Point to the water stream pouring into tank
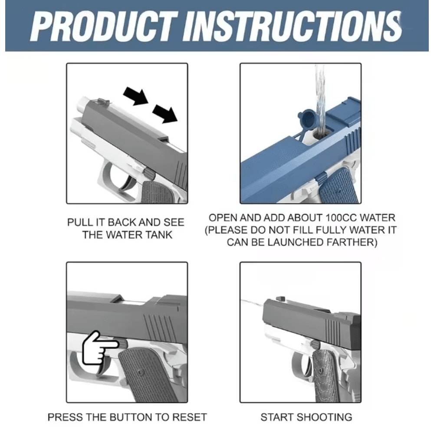pos(320,100)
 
